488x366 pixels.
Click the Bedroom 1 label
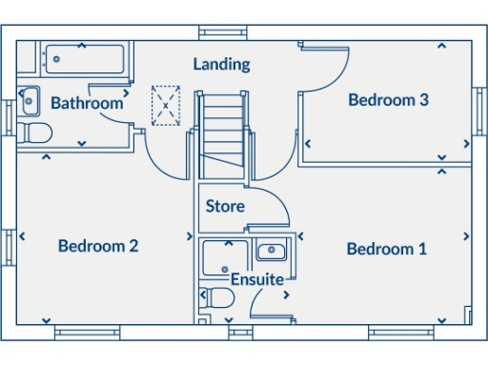click(386, 249)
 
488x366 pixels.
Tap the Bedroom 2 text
click(98, 246)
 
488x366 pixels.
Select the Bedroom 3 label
click(387, 99)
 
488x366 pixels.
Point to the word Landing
click(221, 64)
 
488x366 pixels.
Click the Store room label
click(225, 206)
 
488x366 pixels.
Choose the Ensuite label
click(256, 279)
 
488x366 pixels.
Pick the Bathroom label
click(86, 103)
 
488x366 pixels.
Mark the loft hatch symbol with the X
click(166, 105)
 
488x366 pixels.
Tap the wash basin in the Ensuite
click(272, 252)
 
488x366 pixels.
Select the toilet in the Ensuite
click(218, 299)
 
